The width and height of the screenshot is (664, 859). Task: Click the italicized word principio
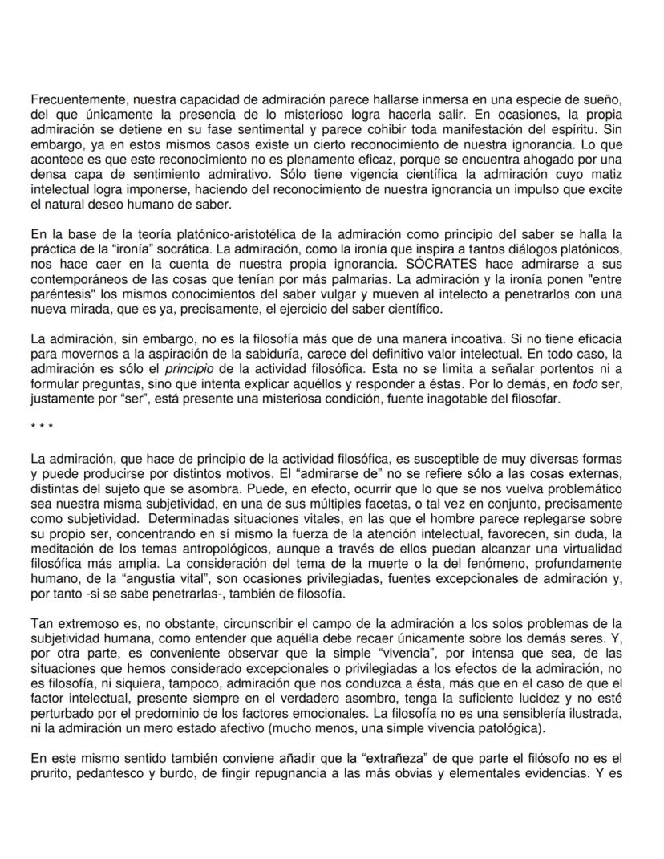pos(188,369)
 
